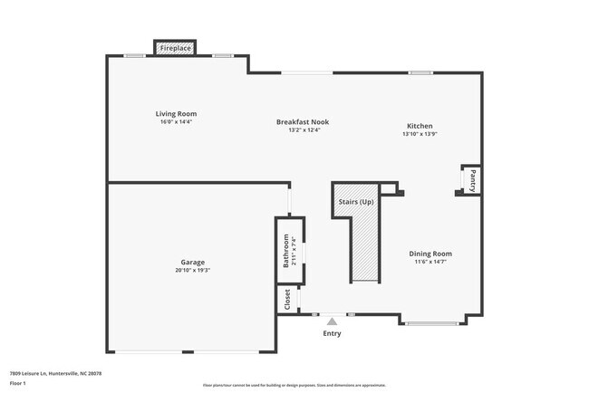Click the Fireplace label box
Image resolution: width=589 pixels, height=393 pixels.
coord(176,47)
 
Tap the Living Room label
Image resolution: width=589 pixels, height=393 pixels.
coord(176,113)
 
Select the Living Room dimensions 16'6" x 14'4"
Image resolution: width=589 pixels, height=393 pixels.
coord(176,121)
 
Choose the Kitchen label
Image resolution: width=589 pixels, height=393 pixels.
coord(420,126)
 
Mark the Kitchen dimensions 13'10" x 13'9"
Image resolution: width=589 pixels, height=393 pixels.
coord(420,134)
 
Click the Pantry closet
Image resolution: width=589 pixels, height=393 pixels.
coord(471,179)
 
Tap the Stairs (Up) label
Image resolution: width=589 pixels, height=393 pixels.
coord(355,201)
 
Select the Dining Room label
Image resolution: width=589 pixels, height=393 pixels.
coord(430,254)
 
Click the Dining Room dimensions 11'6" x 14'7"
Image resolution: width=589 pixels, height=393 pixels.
coord(430,262)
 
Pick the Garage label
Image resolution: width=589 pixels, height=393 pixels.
coord(192,262)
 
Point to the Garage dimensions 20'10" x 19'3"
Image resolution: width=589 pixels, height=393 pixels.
coord(192,270)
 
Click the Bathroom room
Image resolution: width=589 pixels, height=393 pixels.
coord(289,250)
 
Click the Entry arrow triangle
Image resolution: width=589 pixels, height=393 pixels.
coord(333,321)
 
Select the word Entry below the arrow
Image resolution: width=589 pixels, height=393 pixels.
coord(333,334)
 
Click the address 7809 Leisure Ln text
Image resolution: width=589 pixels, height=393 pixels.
coord(55,373)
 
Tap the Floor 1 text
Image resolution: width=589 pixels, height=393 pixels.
coord(18,383)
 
